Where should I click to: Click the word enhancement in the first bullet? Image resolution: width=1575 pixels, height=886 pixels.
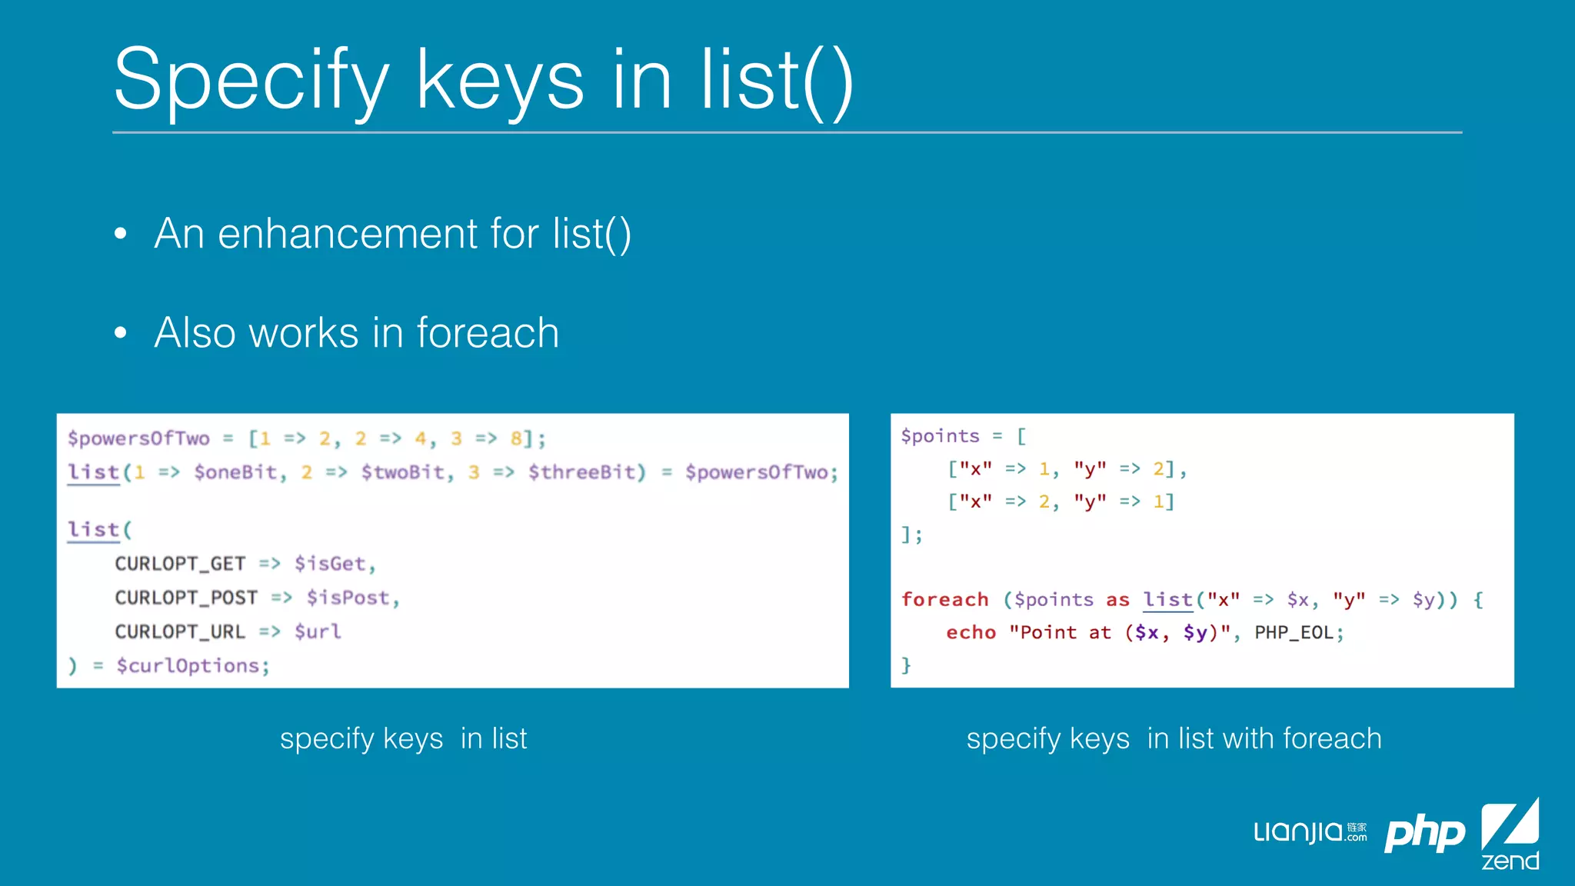348,234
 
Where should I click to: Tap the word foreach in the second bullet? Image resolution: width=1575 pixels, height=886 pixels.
488,333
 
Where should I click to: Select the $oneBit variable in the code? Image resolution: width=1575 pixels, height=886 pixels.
235,472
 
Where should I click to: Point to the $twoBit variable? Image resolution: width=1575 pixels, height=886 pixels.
403,472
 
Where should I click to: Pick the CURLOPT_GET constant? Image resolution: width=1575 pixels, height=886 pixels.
180,564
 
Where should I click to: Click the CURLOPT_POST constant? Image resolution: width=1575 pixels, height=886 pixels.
186,598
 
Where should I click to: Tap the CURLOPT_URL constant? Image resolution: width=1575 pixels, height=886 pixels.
180,631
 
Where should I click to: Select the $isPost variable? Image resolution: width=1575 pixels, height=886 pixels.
348,598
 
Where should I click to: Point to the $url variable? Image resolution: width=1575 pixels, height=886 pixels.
318,631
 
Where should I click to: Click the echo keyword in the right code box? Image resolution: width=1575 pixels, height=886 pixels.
971,632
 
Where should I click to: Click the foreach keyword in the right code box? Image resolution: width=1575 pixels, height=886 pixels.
944,599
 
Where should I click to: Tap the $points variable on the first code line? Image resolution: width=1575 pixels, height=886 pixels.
940,436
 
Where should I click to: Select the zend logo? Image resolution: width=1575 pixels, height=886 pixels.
1510,835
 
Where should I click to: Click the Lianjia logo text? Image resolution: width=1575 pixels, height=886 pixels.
1300,832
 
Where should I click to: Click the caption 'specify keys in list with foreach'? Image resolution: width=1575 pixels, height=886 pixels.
1174,738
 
